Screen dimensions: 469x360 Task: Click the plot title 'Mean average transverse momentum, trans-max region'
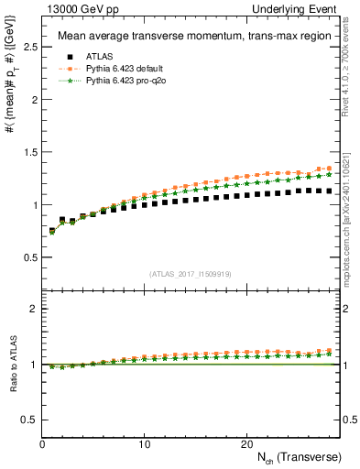pos(187,37)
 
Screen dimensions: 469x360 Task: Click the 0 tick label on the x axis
pos(42,444)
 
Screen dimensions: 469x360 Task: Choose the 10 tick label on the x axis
pos(144,444)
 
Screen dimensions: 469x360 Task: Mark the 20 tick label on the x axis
pos(245,444)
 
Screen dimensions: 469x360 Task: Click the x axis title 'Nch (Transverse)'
pos(293,457)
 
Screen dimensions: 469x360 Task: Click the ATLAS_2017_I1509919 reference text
pos(190,273)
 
